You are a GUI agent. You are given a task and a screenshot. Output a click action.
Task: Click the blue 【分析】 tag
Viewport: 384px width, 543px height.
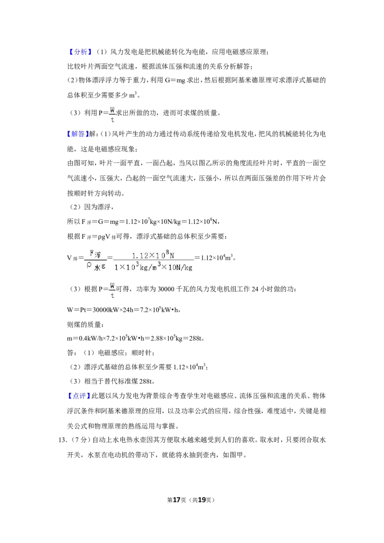coord(80,52)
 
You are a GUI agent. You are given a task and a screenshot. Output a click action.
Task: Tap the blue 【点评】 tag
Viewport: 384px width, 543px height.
coord(79,396)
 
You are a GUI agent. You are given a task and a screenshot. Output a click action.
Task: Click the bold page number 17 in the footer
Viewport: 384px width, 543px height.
coord(177,500)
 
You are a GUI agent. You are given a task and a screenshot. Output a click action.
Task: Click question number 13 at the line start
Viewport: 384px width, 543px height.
coord(62,440)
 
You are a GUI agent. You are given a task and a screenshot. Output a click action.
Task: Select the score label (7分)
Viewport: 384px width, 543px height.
coord(81,440)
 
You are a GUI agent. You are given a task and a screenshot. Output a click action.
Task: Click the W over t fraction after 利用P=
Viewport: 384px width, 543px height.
coord(112,114)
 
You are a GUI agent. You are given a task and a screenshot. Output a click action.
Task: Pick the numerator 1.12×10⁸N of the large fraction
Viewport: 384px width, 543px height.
coord(153,255)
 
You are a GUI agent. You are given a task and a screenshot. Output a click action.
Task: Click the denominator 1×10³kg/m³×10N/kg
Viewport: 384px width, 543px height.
coord(153,267)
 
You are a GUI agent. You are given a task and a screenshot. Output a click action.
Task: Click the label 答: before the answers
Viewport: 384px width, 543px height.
coord(72,353)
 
